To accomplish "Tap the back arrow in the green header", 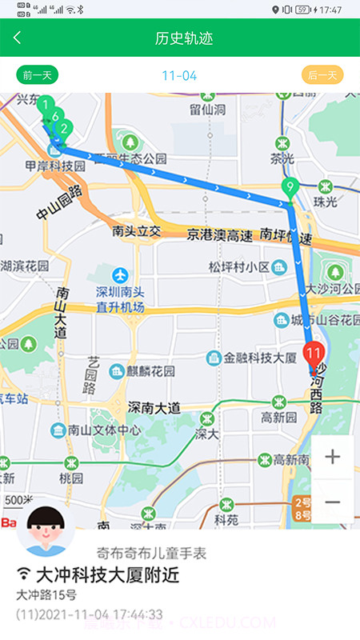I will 18,38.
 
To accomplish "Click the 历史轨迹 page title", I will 184,38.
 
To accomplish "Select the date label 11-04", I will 179,76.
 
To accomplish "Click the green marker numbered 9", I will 290,190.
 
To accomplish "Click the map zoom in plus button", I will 333,457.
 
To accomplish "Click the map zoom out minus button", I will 333,502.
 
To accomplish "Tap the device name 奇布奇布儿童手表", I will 151,553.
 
